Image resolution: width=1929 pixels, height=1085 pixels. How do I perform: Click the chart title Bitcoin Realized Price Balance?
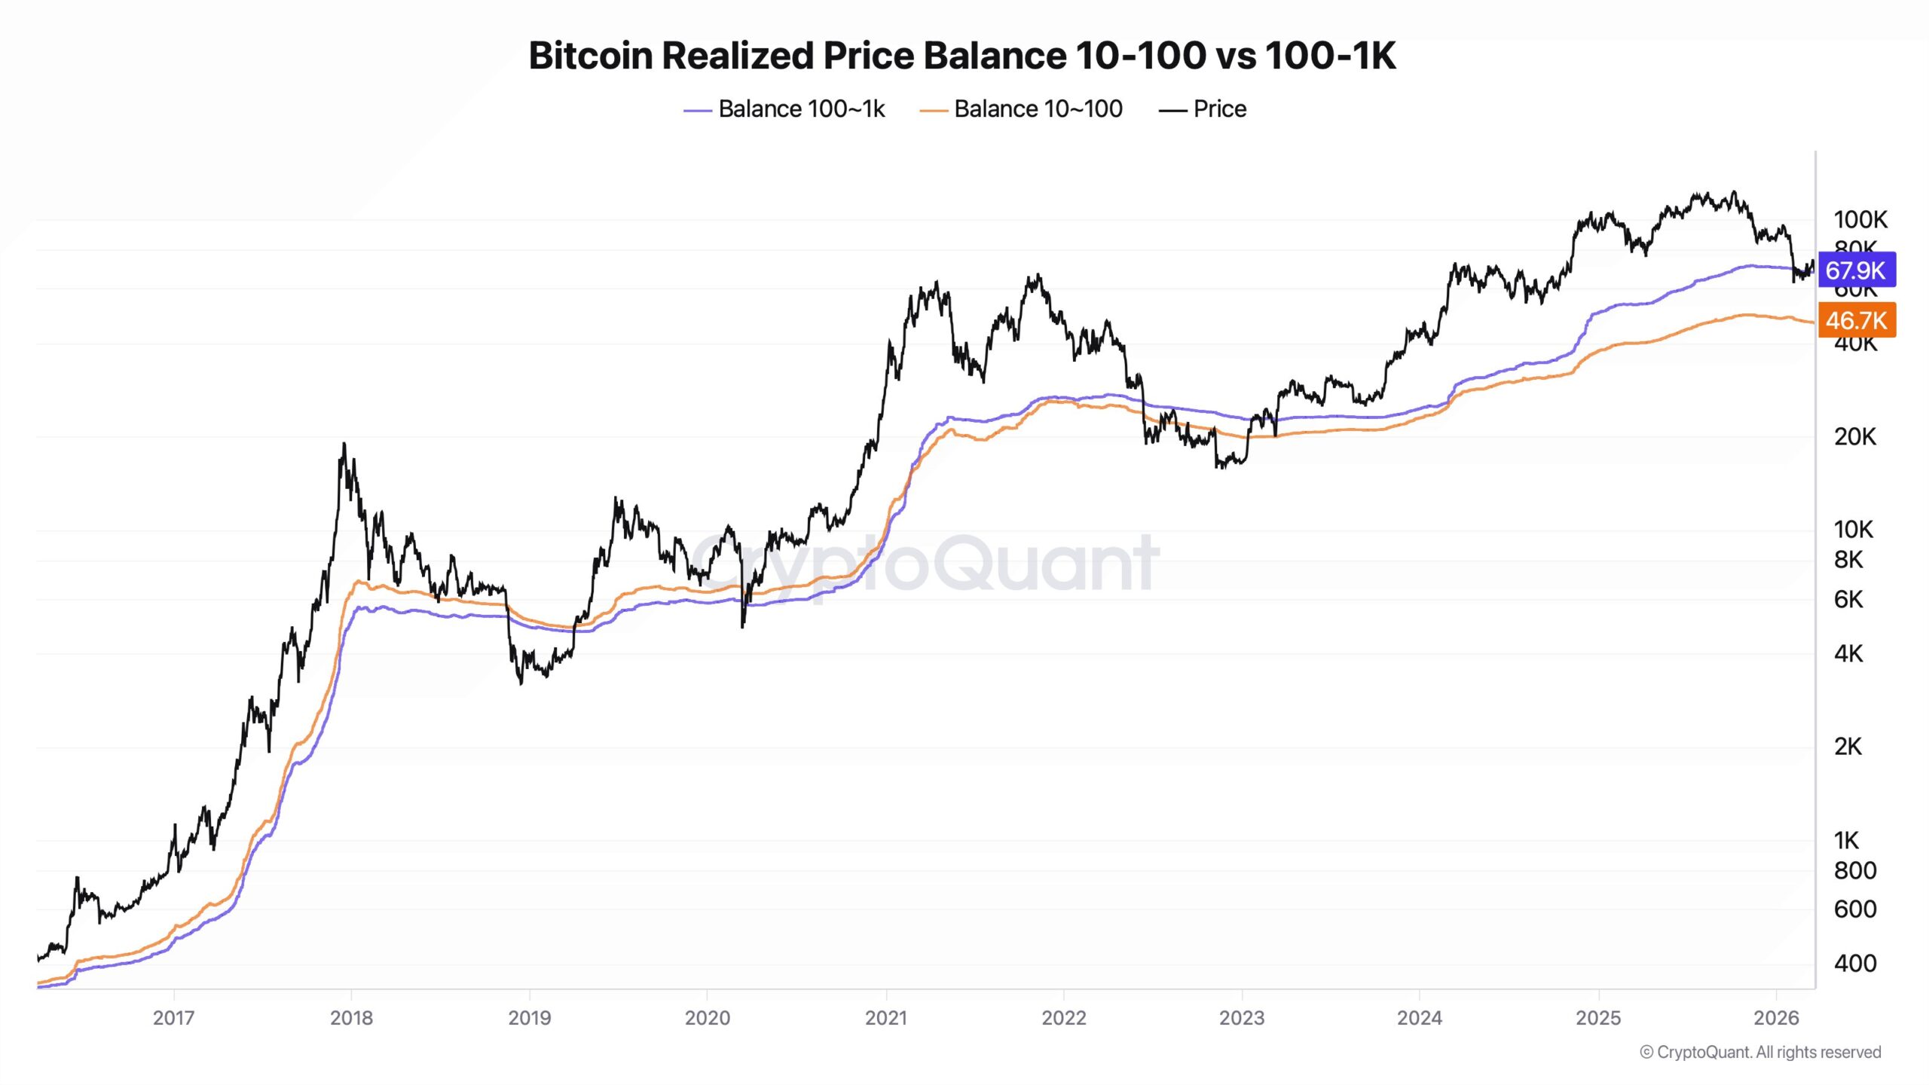tap(961, 56)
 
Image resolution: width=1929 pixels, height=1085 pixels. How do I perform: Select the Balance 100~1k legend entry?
tap(800, 109)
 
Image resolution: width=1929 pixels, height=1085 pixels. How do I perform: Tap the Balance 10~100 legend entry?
tap(1037, 109)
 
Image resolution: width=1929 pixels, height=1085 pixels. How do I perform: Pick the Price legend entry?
tap(1218, 109)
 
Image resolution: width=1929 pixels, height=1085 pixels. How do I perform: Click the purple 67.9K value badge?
tap(1856, 270)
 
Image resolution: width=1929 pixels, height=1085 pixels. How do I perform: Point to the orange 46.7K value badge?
tap(1856, 320)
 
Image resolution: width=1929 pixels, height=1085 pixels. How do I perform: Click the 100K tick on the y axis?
tap(1860, 219)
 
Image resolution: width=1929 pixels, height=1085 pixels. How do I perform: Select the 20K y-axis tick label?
tap(1854, 436)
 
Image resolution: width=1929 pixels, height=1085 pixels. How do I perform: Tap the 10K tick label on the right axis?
tap(1853, 529)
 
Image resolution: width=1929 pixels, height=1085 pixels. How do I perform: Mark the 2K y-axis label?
tap(1848, 746)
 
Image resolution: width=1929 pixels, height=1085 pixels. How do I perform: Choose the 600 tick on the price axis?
tap(1854, 909)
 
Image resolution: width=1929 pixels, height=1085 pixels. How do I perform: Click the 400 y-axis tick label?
tap(1854, 963)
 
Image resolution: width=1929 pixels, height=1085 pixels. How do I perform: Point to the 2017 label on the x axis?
tap(173, 1018)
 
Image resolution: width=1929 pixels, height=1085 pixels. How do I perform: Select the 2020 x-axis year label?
tap(707, 1018)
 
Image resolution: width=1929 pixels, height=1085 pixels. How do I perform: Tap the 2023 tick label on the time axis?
tap(1241, 1018)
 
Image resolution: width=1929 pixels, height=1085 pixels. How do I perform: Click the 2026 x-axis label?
tap(1775, 1018)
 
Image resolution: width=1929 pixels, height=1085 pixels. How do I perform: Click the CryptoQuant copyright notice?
tap(1760, 1052)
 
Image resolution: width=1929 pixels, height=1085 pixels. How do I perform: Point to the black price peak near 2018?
tap(344, 445)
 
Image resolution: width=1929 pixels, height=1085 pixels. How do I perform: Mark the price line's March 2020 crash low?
tap(743, 625)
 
